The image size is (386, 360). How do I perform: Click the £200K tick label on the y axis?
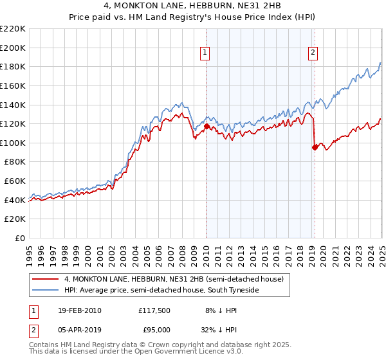tap(13, 48)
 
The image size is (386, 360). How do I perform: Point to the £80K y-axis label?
tap(15, 162)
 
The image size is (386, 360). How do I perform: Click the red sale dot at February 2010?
tap(207, 127)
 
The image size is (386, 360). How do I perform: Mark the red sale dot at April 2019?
tap(315, 148)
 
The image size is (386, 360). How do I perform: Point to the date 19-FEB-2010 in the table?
tap(79, 310)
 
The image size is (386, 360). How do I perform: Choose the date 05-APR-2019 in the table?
tap(79, 332)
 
